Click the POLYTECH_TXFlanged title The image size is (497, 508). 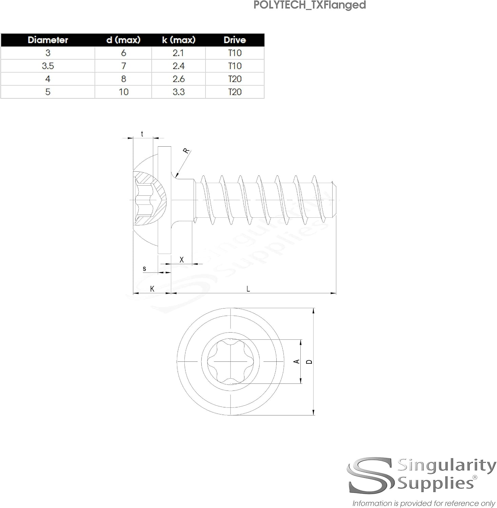[310, 5]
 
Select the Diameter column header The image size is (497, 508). [48, 40]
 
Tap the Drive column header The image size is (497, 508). [235, 40]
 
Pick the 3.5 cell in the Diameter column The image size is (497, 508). [48, 66]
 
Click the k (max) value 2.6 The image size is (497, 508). [179, 79]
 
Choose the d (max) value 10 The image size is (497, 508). [123, 92]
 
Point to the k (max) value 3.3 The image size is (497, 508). [179, 92]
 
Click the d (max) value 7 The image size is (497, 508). [123, 66]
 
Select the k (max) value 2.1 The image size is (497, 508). [179, 53]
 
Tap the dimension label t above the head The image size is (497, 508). [142, 134]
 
